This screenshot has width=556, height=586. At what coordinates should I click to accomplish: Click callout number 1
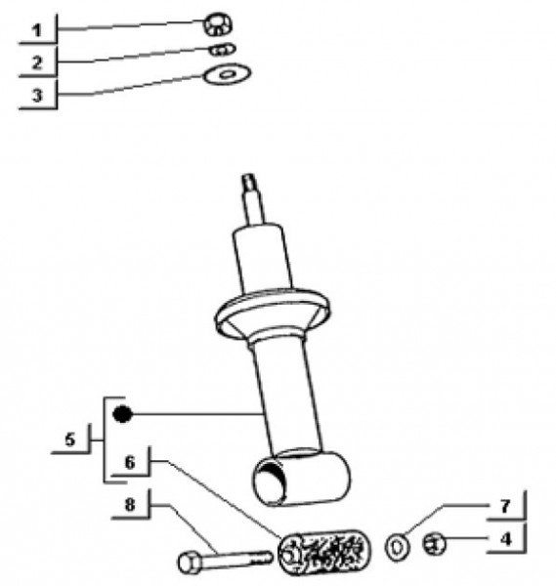36,30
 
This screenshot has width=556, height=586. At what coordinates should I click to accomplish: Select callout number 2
36,63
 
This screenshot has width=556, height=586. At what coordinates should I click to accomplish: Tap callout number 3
37,95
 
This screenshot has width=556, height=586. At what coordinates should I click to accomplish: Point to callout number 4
505,539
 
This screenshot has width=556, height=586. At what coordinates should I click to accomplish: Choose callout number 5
70,439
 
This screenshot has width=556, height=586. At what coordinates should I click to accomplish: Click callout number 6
130,463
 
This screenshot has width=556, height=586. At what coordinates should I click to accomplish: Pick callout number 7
505,506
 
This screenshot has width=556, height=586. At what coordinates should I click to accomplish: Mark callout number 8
130,505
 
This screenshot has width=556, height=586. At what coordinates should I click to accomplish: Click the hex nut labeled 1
217,24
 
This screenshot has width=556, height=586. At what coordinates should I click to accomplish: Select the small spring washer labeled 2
222,50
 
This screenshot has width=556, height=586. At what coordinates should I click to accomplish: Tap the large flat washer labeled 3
227,73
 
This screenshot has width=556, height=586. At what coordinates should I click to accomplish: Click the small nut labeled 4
434,544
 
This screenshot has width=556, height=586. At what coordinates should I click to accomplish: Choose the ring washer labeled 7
397,548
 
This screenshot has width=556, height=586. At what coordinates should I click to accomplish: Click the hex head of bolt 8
190,563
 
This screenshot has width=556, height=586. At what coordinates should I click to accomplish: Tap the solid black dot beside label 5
122,414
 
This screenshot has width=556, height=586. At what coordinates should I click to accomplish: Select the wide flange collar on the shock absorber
273,314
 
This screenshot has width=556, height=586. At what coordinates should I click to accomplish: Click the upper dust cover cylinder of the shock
262,260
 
